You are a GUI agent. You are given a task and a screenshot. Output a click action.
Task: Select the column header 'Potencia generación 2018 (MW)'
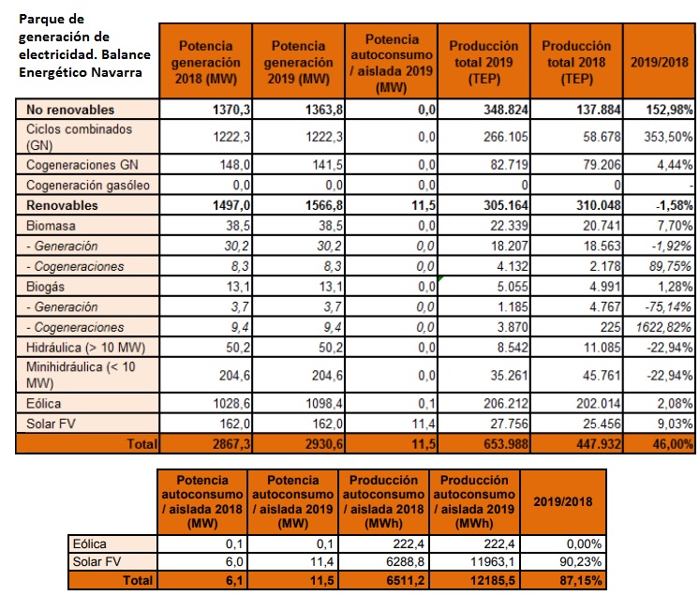(x=205, y=62)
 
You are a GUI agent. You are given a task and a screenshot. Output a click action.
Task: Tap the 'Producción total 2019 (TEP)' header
(x=483, y=62)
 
